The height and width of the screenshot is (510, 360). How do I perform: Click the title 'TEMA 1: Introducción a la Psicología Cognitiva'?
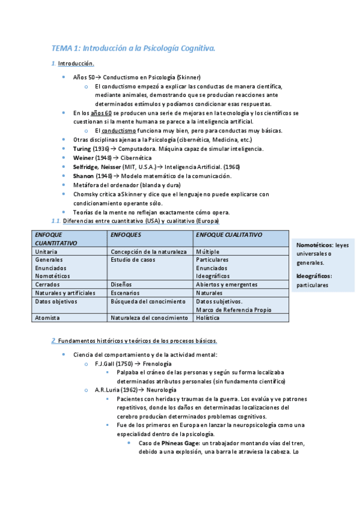click(x=133, y=48)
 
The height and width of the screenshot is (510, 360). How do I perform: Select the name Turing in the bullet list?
click(x=82, y=148)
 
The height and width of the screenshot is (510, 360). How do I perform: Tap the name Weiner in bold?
click(x=83, y=157)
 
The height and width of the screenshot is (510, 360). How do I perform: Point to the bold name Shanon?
click(x=83, y=176)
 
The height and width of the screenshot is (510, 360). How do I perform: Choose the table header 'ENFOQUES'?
click(x=126, y=234)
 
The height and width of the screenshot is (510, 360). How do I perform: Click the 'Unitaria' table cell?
click(x=47, y=251)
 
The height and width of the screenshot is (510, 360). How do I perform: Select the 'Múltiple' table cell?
click(x=208, y=251)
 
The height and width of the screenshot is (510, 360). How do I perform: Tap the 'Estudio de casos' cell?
click(x=133, y=259)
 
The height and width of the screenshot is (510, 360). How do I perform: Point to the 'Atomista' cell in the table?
click(x=47, y=317)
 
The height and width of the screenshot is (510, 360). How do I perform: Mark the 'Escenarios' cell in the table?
click(x=126, y=292)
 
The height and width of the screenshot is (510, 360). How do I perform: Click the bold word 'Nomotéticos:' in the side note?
click(x=315, y=245)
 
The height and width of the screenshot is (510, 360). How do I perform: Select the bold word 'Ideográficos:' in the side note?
click(x=314, y=276)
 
